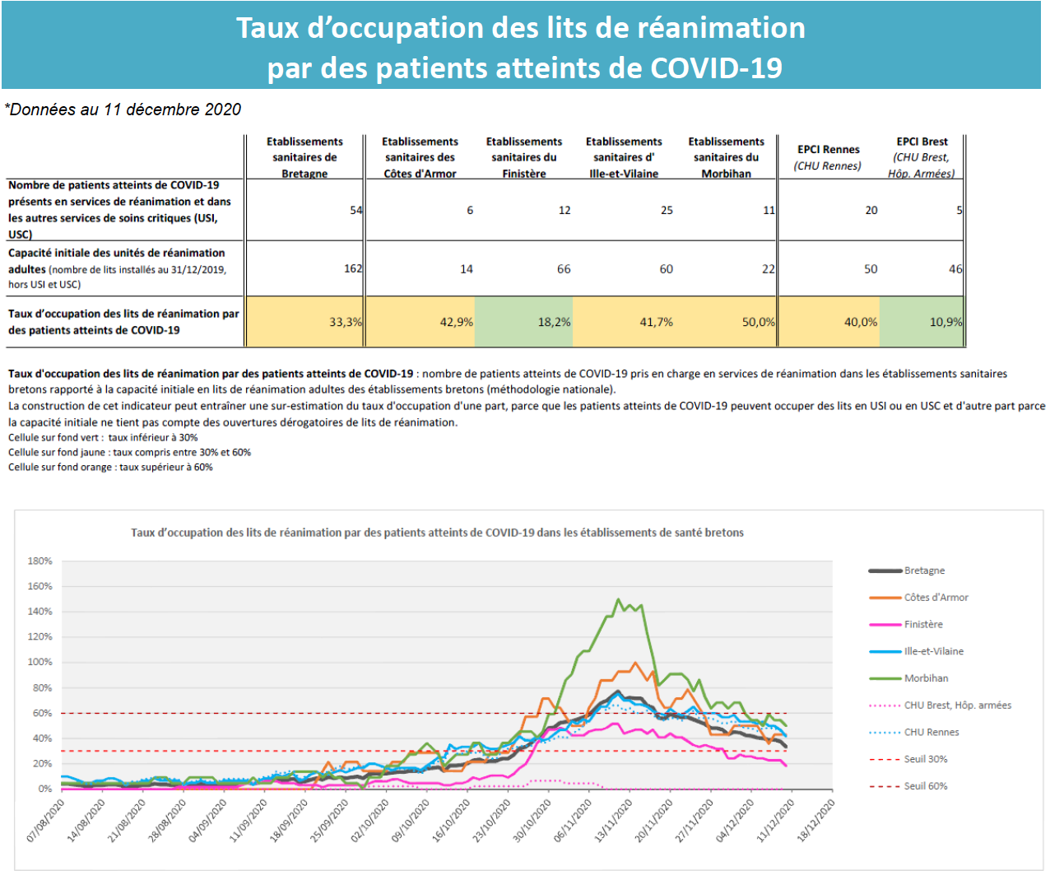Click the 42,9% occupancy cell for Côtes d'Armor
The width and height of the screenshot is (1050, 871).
click(x=420, y=322)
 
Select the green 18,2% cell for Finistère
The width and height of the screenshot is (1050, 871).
click(x=523, y=322)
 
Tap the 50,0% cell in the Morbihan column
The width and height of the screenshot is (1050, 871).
click(x=726, y=322)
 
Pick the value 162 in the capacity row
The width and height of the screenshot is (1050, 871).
click(x=353, y=268)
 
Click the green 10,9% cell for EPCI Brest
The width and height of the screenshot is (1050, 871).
click(x=922, y=322)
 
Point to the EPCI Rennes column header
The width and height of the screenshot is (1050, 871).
click(x=828, y=157)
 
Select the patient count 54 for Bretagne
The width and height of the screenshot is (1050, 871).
click(x=356, y=210)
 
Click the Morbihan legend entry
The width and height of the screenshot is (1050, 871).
click(x=908, y=678)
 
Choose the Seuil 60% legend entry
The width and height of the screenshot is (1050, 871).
click(x=908, y=785)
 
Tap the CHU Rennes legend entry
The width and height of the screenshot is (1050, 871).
click(x=913, y=732)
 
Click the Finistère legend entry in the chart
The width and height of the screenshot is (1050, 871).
click(x=906, y=624)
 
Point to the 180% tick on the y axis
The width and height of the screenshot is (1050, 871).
click(x=39, y=561)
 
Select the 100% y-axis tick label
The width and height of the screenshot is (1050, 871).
click(x=39, y=662)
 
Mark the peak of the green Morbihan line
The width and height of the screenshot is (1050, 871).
click(x=618, y=599)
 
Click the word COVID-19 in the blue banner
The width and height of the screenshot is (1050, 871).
click(x=716, y=68)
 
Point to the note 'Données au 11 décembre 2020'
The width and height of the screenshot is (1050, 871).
click(x=123, y=109)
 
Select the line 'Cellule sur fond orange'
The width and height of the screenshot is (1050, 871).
click(x=110, y=467)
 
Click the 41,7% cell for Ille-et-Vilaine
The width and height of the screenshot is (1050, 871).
click(x=624, y=322)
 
